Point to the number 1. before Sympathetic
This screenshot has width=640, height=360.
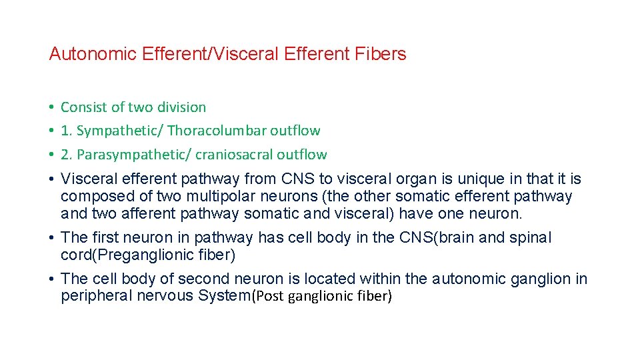(x=67, y=131)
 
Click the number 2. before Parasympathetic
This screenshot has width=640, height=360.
(x=67, y=155)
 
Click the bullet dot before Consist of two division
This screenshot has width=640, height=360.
(x=51, y=107)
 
